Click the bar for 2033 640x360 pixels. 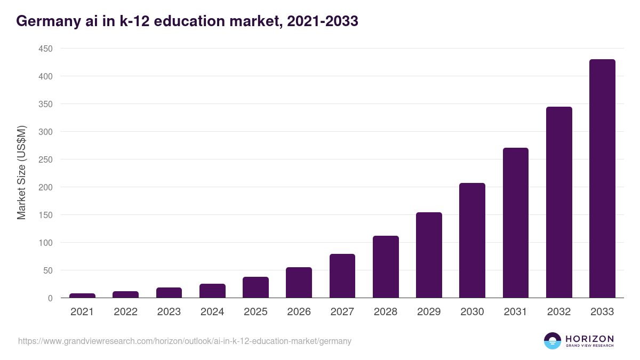(x=602, y=179)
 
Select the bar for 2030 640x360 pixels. (x=472, y=241)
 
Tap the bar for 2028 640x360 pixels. (x=386, y=267)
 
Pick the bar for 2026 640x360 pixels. (x=299, y=283)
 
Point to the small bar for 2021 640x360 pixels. (x=82, y=295)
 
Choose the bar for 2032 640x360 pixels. (x=559, y=202)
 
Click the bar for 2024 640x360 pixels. (x=212, y=291)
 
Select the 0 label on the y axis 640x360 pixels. (x=50, y=298)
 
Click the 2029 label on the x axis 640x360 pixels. (x=429, y=312)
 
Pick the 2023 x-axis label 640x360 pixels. (x=169, y=312)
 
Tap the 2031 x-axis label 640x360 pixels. (x=515, y=312)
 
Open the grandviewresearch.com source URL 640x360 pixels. (x=185, y=341)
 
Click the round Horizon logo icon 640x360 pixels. (x=553, y=341)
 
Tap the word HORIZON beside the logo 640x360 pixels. (x=589, y=339)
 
